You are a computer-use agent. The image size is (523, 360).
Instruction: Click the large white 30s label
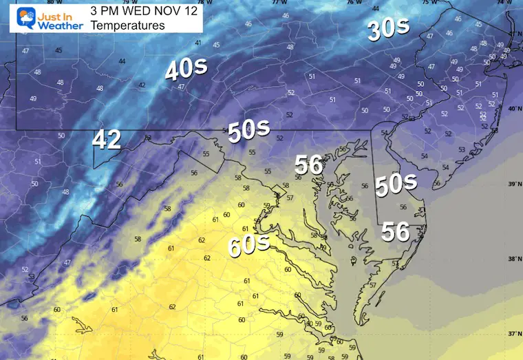click(388, 29)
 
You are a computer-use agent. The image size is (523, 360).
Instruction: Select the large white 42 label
click(107, 140)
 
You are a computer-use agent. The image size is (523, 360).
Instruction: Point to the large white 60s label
click(249, 244)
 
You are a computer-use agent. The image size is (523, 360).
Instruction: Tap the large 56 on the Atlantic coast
click(396, 232)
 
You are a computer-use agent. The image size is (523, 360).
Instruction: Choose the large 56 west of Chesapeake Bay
click(309, 165)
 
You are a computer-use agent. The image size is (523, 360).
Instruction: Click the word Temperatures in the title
click(127, 25)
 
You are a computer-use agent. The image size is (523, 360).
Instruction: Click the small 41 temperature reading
click(198, 43)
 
